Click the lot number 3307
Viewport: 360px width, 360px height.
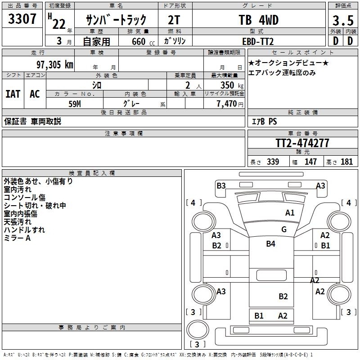[22, 19]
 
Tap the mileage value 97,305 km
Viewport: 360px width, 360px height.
[54, 64]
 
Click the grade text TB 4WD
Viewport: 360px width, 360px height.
[258, 20]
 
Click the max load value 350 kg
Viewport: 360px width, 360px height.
[229, 85]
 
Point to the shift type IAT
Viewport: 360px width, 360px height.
[13, 94]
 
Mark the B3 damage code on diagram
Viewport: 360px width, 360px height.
[221, 185]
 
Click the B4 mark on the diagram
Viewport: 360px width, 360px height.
[270, 244]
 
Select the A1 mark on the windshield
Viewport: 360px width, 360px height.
[290, 212]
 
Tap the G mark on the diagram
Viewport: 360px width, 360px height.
[283, 229]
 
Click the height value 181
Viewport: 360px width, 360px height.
[347, 162]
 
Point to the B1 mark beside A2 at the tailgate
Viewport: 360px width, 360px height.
[259, 315]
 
